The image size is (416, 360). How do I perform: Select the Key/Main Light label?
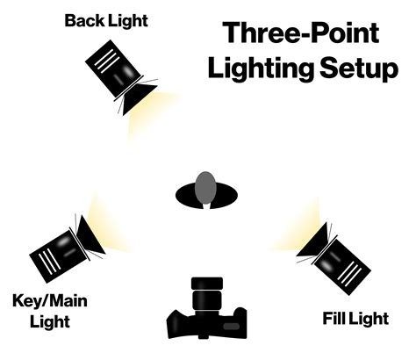pyautogui.click(x=51, y=312)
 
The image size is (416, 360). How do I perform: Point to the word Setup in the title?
pyautogui.click(x=364, y=67)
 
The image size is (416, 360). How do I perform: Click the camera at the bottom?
pyautogui.click(x=204, y=316)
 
